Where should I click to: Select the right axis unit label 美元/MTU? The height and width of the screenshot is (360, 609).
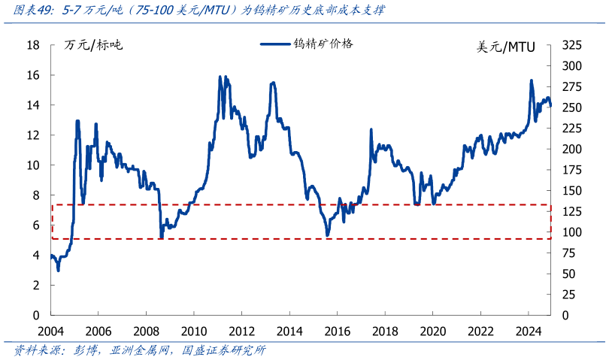coord(506,47)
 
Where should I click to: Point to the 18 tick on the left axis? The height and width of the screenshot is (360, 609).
coord(33,45)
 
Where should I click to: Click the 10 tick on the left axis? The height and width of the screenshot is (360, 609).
coord(33,165)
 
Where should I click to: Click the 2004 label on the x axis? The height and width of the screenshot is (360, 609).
coord(50,331)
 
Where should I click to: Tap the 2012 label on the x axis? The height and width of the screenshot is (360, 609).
coord(241,331)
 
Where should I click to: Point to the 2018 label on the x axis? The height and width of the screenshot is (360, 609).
coord(385,331)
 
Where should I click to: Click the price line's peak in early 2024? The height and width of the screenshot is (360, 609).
coord(532,80)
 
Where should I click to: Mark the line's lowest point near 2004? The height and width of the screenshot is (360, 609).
coord(59,270)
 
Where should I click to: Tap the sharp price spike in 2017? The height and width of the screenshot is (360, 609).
coord(371,129)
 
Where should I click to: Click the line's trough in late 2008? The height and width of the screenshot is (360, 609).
coord(161,238)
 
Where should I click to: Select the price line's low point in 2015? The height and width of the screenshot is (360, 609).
coord(327,235)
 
